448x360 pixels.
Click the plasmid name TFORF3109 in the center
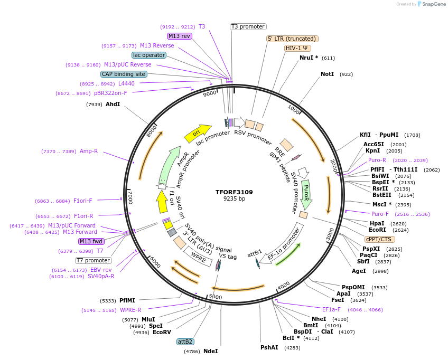(x=234, y=192)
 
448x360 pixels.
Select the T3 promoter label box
(x=248, y=26)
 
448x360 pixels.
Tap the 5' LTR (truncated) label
(x=292, y=39)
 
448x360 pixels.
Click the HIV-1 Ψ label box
(x=297, y=48)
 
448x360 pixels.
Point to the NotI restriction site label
(x=328, y=74)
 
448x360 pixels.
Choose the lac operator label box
(x=148, y=55)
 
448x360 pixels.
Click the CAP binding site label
(x=123, y=74)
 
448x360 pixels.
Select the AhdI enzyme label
(x=113, y=105)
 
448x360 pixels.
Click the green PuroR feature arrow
(x=306, y=194)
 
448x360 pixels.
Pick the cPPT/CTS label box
(x=379, y=239)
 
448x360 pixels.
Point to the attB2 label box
(x=185, y=342)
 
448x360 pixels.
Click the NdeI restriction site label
(x=210, y=351)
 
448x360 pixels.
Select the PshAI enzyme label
(x=269, y=348)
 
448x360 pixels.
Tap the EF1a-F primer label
(x=331, y=310)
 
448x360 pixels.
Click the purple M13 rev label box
(x=179, y=36)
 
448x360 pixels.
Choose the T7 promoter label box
(x=93, y=260)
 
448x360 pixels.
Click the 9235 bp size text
(x=234, y=199)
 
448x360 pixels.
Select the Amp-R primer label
(x=89, y=151)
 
